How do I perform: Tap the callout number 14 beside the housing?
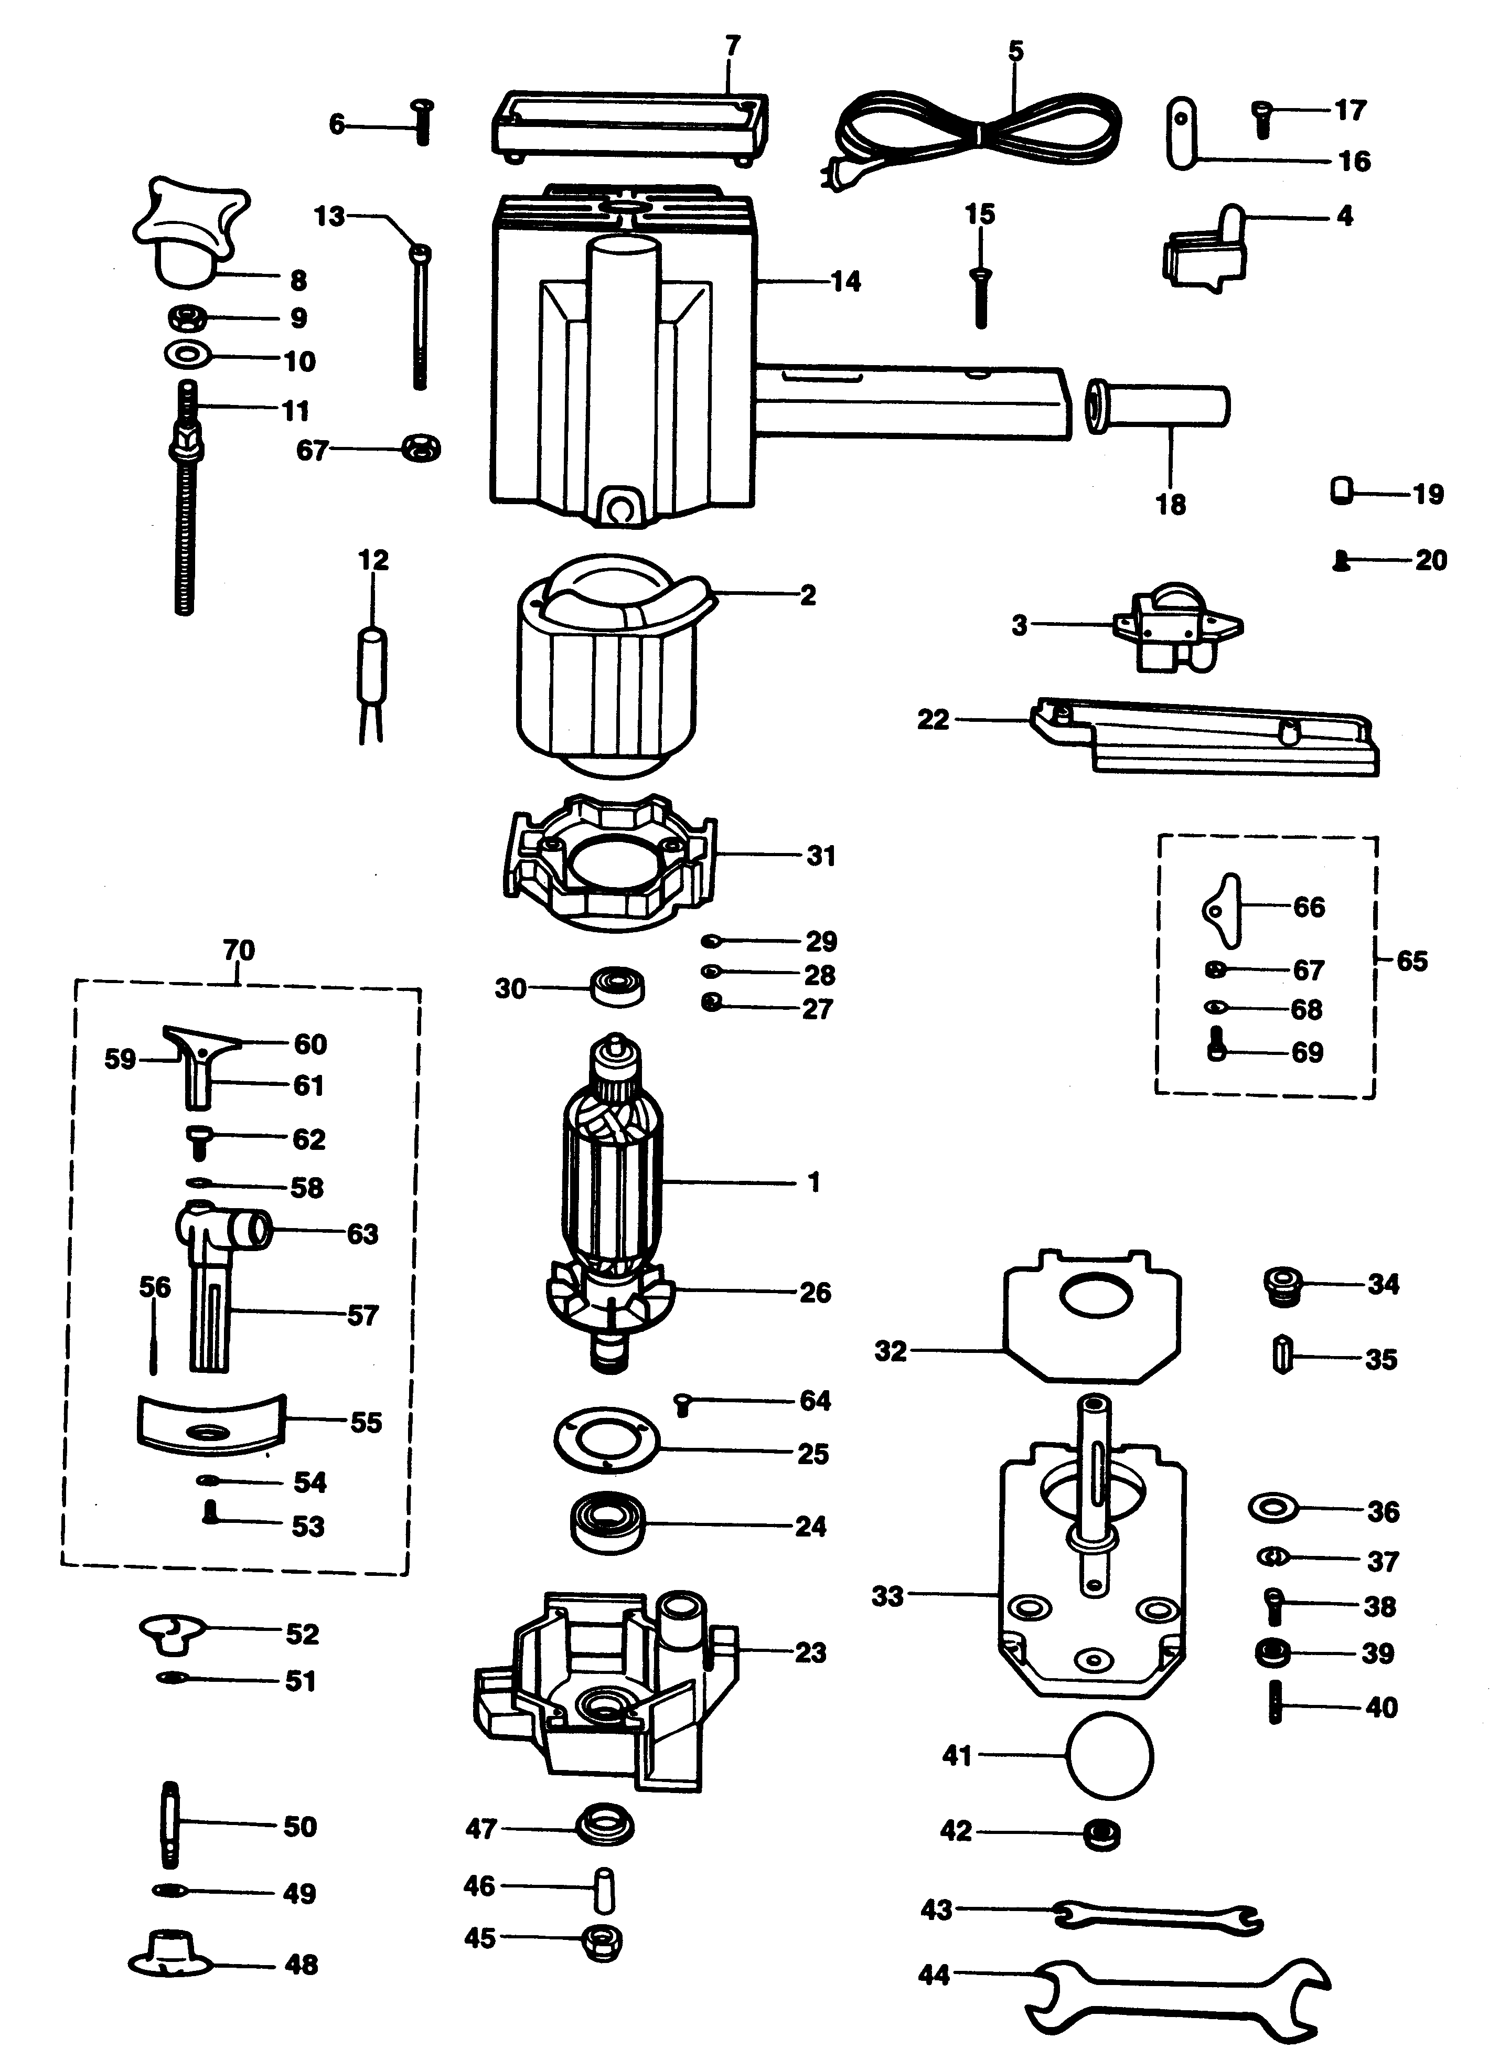[845, 282]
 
